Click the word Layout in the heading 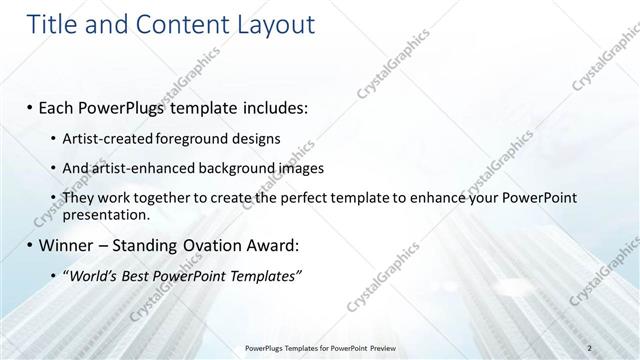click(x=275, y=24)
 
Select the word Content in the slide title click(x=180, y=24)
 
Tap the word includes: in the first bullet click(x=278, y=105)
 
